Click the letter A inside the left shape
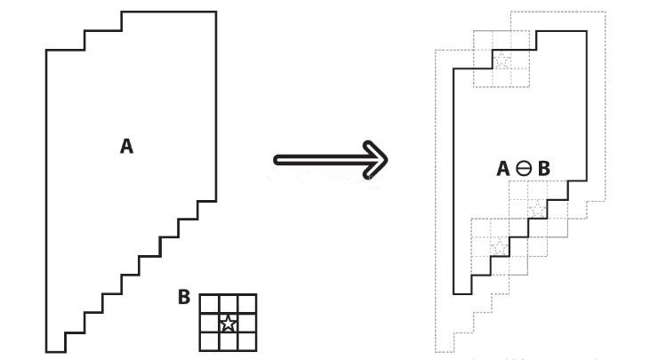(126, 146)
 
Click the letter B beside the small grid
(184, 297)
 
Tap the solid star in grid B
(228, 323)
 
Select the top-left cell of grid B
(209, 303)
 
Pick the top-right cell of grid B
(247, 303)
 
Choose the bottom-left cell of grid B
(209, 341)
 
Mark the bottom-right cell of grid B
(247, 341)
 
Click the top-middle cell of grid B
(228, 303)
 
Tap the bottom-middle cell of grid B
(228, 341)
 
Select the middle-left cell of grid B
(209, 323)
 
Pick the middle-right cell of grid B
(247, 323)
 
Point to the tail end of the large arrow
(277, 160)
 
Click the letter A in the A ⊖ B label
(502, 168)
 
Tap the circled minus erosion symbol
(524, 168)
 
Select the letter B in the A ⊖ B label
(543, 168)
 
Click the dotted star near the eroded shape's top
(502, 60)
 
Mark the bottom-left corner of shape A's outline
(47, 352)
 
